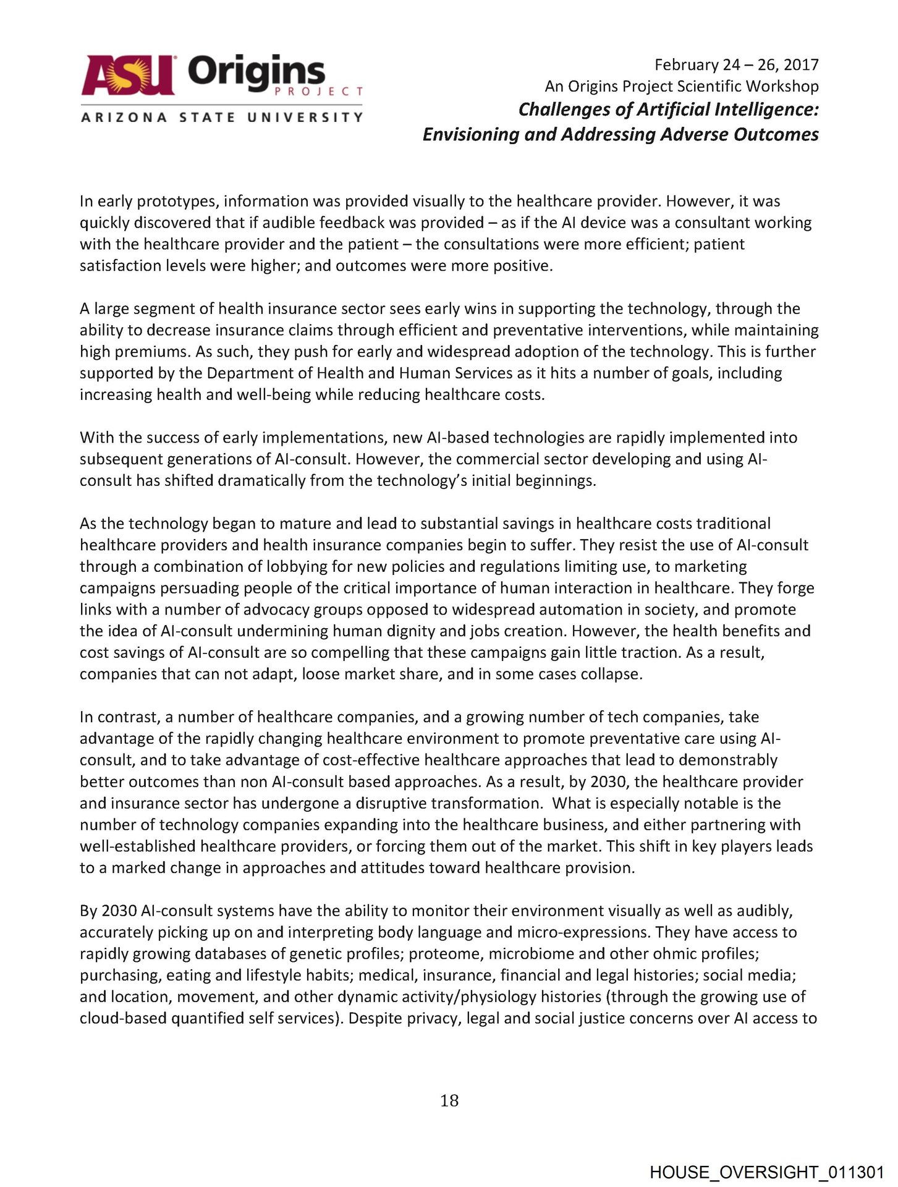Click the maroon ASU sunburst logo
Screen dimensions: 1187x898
[x=128, y=75]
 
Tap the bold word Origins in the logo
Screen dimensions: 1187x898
[x=256, y=73]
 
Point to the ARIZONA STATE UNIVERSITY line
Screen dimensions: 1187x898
[x=221, y=117]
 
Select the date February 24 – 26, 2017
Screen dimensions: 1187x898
[x=736, y=65]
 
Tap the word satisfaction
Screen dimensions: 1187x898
[x=117, y=266]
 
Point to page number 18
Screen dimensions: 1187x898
[x=449, y=1101]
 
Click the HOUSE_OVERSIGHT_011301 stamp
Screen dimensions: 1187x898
[x=766, y=1172]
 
